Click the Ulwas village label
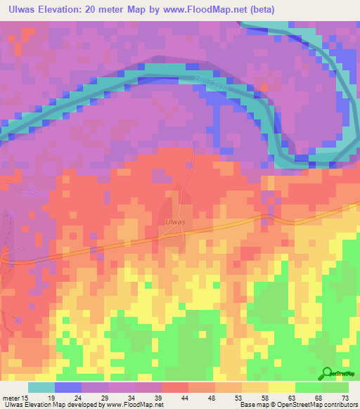coord(174,222)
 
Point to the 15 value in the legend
coord(26,398)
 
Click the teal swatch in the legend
coord(41,387)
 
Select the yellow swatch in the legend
coord(282,387)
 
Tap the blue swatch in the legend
coord(68,387)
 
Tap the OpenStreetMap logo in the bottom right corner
coord(337,374)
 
